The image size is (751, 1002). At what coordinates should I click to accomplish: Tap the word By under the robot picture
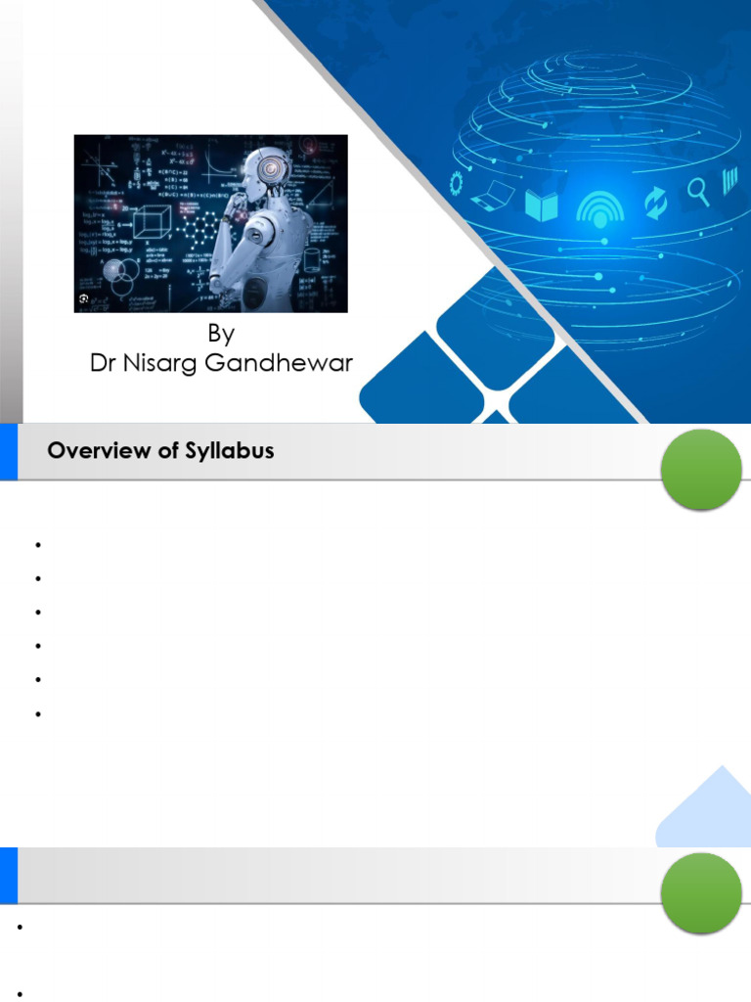coord(221,334)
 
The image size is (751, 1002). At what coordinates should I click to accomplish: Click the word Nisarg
coord(165,365)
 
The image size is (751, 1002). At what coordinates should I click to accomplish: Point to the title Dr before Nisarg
coord(104,364)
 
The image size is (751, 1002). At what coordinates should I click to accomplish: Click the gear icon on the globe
coord(456,183)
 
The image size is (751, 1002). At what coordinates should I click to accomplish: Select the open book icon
coord(541,205)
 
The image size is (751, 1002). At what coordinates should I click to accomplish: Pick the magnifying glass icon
coord(698,189)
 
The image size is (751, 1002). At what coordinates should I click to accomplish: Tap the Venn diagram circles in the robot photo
coord(120,277)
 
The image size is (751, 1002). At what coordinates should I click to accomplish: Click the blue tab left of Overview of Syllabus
coord(8,452)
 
